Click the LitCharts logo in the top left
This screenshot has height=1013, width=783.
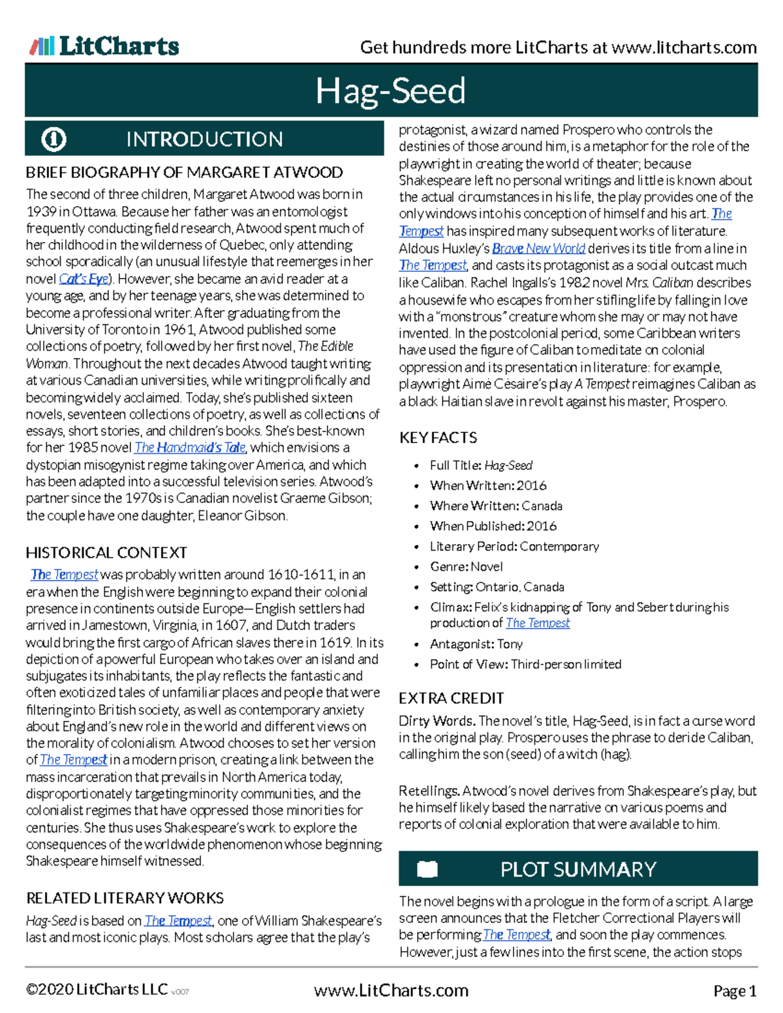click(104, 46)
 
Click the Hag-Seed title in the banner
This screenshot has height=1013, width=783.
click(390, 91)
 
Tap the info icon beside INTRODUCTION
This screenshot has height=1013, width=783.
click(54, 139)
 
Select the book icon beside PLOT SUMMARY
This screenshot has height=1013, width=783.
click(427, 869)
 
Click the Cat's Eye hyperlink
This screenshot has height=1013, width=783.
click(84, 279)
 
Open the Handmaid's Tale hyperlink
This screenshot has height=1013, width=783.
click(189, 447)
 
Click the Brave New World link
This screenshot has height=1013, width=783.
click(538, 249)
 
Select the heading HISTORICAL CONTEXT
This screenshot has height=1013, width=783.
click(106, 552)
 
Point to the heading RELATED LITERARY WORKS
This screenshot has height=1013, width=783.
click(125, 898)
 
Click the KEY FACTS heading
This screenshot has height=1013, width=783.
click(438, 438)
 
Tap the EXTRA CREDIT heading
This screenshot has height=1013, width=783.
click(451, 698)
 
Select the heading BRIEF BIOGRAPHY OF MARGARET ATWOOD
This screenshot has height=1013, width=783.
click(184, 172)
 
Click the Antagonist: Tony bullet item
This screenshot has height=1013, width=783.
click(476, 644)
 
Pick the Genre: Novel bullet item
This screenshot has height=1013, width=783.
click(466, 566)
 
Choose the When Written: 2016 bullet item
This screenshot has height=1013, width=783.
click(488, 485)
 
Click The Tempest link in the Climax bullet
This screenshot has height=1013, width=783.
click(538, 623)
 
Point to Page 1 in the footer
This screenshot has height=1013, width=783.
click(735, 991)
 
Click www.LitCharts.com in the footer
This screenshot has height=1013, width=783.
click(391, 990)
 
